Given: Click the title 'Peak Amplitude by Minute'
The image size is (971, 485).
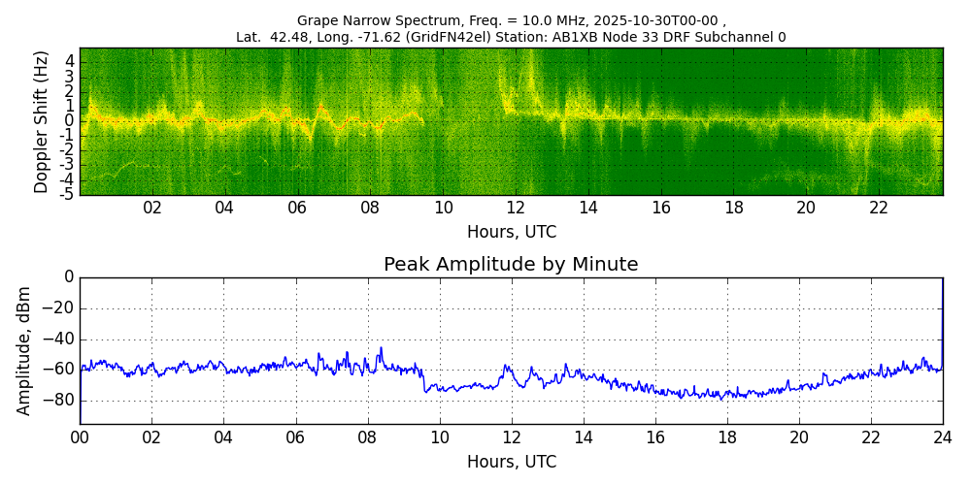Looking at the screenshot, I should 511,265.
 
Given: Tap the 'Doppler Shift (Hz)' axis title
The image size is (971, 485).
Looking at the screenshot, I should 42,121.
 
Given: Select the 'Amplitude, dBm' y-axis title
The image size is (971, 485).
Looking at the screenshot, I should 24,350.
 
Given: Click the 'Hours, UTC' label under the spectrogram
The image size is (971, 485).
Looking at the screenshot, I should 511,233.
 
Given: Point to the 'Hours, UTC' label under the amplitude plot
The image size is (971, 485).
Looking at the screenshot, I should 511,462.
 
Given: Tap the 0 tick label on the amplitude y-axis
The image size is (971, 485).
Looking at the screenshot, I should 69,277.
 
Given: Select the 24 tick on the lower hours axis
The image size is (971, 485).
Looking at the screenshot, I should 942,437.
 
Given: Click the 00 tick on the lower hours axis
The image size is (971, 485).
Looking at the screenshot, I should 80,437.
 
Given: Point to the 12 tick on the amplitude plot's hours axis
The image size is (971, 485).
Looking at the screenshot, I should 512,437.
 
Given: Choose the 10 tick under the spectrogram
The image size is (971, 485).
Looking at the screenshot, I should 443,208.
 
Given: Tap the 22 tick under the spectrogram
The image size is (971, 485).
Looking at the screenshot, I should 879,208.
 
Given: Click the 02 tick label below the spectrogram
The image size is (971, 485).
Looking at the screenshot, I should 152,208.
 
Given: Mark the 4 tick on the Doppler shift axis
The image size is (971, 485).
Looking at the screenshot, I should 70,60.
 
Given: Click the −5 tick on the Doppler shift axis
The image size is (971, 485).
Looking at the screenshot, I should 67,194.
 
